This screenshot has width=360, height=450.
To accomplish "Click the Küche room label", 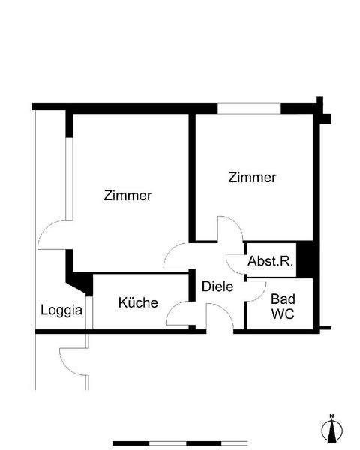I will [138, 303].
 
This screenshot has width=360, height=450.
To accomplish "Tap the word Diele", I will [217, 286].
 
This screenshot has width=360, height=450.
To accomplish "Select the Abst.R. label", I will [270, 262].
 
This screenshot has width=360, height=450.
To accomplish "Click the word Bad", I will [283, 298].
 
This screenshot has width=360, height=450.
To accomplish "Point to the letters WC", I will [283, 313].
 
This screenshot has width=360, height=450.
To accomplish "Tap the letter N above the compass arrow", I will [330, 415].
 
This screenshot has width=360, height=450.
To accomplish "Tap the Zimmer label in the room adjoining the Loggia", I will [127, 196].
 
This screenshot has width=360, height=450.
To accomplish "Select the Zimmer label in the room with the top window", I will [252, 178].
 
